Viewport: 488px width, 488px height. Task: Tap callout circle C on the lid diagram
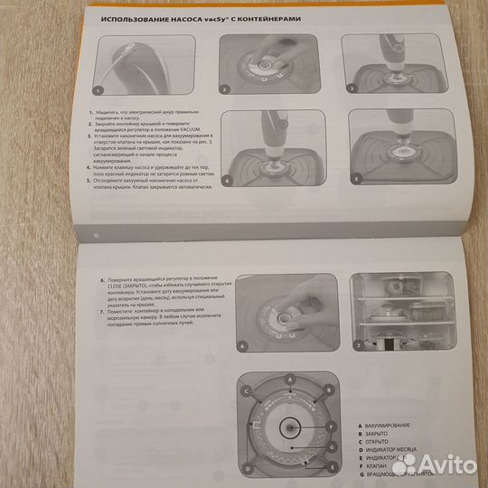[x=245, y=390]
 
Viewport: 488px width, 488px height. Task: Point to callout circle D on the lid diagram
[x=245, y=467]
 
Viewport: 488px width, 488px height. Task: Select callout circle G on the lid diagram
[x=333, y=447]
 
